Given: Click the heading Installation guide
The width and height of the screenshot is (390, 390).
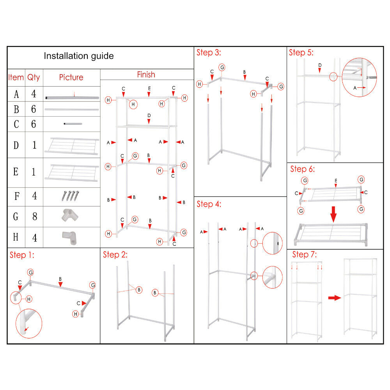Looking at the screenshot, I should pyautogui.click(x=78, y=56).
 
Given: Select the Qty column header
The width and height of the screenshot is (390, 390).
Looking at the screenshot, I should pyautogui.click(x=34, y=77).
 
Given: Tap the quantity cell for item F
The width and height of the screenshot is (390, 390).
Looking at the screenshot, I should pyautogui.click(x=34, y=196).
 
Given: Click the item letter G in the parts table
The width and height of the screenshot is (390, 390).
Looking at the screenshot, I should pyautogui.click(x=16, y=217).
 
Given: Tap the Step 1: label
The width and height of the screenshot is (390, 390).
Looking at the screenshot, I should pyautogui.click(x=22, y=255).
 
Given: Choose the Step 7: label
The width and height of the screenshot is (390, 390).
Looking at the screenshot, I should pyautogui.click(x=305, y=255).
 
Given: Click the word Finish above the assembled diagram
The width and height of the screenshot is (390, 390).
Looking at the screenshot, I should pyautogui.click(x=146, y=74).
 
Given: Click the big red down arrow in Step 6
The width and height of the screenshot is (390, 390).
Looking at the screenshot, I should pyautogui.click(x=334, y=214).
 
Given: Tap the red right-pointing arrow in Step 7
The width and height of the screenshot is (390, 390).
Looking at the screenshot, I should pyautogui.click(x=334, y=298).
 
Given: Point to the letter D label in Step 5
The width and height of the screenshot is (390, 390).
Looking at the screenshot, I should pyautogui.click(x=320, y=65).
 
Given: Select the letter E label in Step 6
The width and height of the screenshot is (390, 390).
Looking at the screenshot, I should pyautogui.click(x=336, y=181).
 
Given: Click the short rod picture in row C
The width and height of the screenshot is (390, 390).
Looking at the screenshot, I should pyautogui.click(x=73, y=124).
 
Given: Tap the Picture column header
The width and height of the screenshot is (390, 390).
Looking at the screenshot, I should pyautogui.click(x=71, y=77).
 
